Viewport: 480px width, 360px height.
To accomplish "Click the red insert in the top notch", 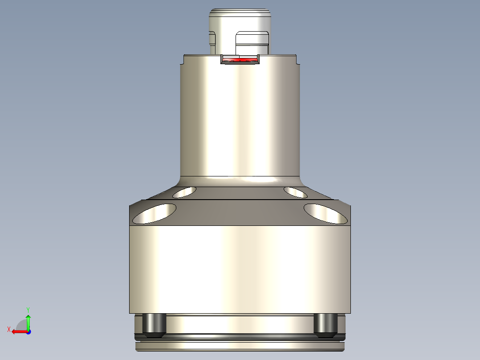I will [240, 59].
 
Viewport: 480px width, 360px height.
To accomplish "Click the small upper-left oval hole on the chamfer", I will [184, 192].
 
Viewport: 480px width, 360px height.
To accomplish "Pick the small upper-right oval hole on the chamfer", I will [295, 192].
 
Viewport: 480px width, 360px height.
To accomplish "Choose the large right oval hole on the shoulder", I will [325, 213].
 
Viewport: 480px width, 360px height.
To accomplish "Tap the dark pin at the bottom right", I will [325, 324].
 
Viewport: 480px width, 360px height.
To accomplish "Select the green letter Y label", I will [28, 309].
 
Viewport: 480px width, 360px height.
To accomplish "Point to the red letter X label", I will [8, 329].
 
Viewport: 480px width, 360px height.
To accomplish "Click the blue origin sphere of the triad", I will [28, 331].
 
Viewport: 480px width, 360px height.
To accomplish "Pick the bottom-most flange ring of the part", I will [240, 345].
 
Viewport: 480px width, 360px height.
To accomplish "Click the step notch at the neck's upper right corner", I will [297, 60].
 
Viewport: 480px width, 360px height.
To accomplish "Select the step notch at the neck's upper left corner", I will [183, 60].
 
